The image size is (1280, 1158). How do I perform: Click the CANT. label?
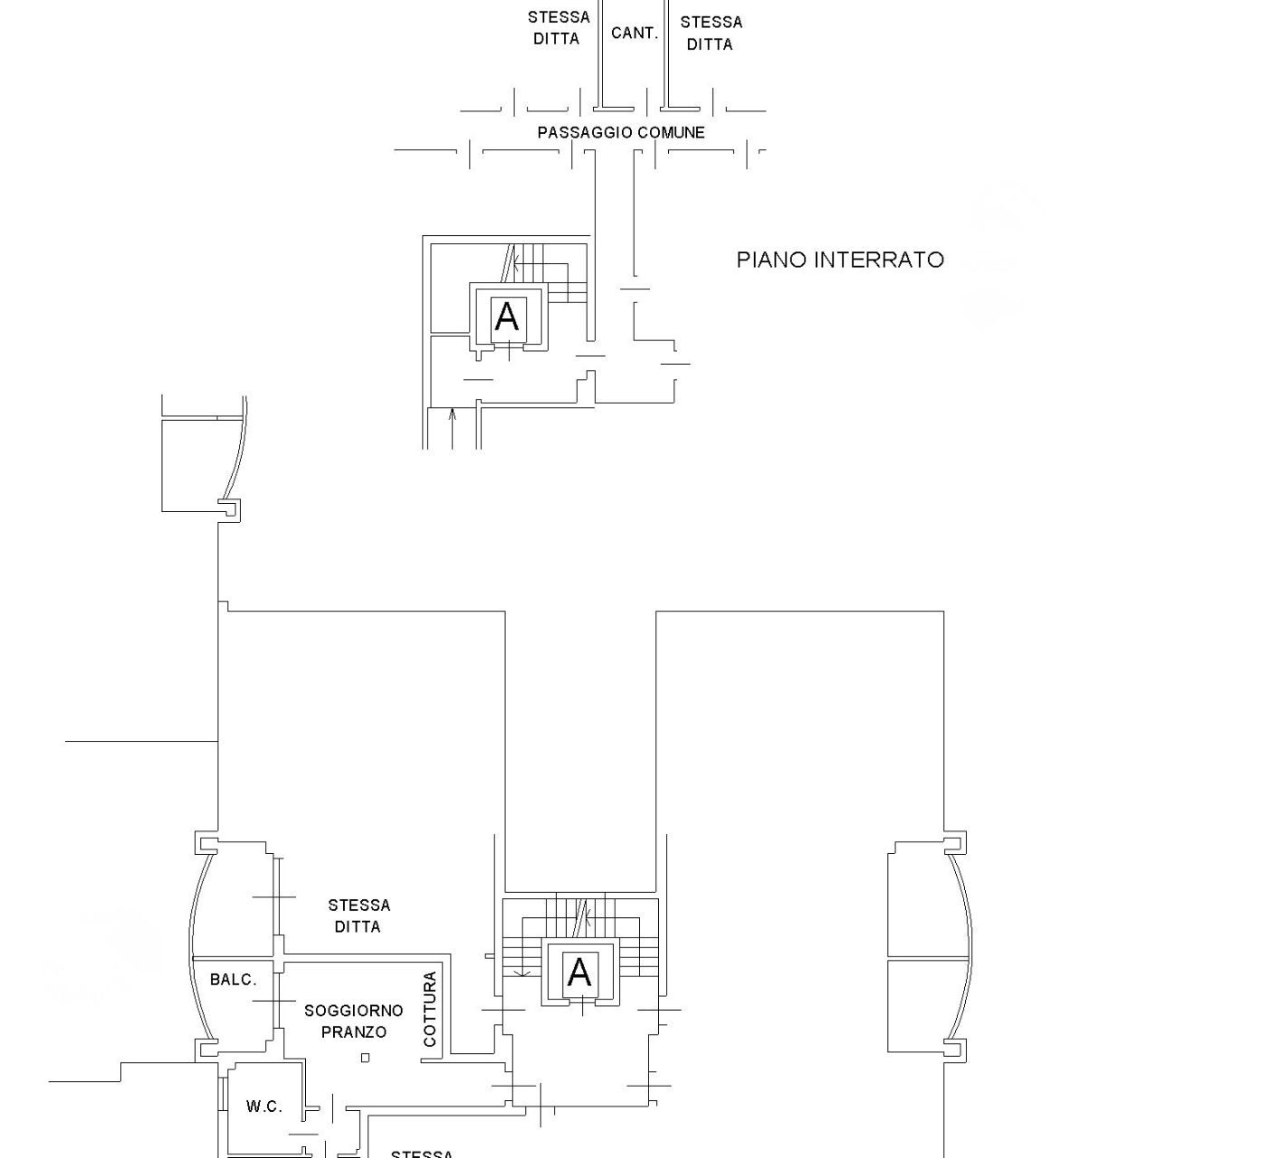[x=635, y=33]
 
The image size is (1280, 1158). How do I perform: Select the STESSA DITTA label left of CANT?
[x=559, y=28]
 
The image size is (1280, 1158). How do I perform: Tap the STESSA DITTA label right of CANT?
[x=711, y=33]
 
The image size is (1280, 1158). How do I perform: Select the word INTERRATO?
[x=880, y=260]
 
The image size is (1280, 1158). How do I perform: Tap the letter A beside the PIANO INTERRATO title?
[x=508, y=316]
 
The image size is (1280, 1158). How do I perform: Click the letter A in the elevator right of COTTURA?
[x=579, y=973]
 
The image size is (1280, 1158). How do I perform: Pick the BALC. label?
[x=234, y=980]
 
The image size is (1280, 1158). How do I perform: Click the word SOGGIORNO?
[x=354, y=1011]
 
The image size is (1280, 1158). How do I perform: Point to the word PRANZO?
[x=354, y=1031]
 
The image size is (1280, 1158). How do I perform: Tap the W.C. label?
[x=264, y=1106]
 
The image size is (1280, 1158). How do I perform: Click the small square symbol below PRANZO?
[x=365, y=1058]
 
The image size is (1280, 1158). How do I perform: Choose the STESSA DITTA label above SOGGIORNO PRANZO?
[x=358, y=916]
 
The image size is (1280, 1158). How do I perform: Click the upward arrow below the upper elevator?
[x=453, y=429]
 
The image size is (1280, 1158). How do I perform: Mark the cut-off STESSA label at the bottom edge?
[x=422, y=1153]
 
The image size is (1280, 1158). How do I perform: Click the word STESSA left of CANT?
[x=559, y=17]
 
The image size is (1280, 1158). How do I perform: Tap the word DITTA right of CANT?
[x=710, y=44]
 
